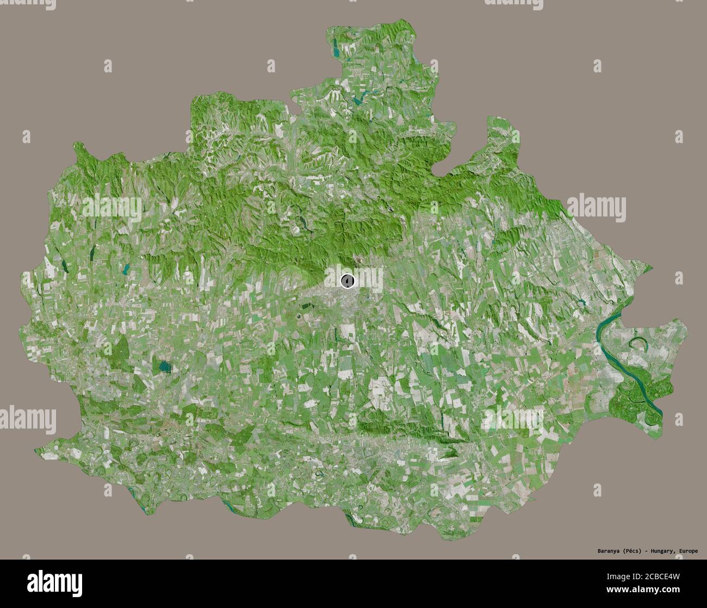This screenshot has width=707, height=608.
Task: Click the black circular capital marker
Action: point(348,281)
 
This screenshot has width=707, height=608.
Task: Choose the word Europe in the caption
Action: point(689,551)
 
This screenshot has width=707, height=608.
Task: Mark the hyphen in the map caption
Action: point(647,551)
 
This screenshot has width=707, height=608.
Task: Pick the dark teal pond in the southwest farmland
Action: point(163,367)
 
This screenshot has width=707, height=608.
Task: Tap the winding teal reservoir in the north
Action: point(359,100)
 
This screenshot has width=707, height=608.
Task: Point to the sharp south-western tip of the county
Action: point(37,450)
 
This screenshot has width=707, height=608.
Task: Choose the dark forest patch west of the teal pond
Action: point(122,348)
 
